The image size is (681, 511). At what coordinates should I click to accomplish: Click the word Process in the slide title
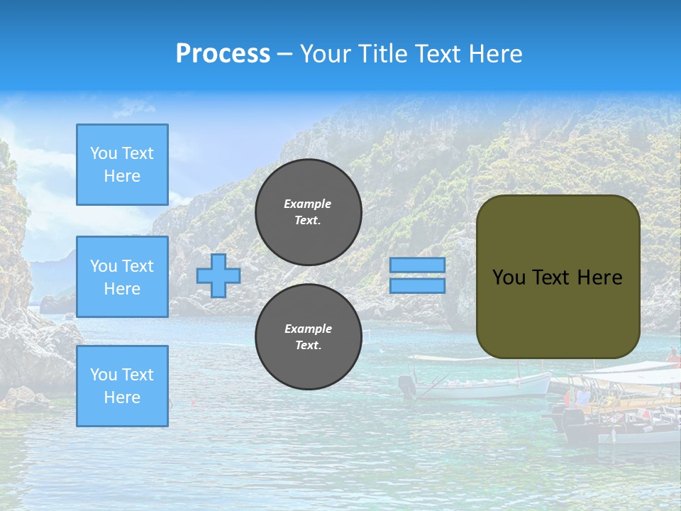pyautogui.click(x=223, y=54)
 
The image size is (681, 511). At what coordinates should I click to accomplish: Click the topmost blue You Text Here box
pyautogui.click(x=122, y=165)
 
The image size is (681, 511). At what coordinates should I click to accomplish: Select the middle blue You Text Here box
pyautogui.click(x=122, y=277)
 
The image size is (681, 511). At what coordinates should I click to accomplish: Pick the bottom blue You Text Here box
pyautogui.click(x=122, y=385)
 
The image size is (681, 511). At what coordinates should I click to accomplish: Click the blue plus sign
pyautogui.click(x=218, y=276)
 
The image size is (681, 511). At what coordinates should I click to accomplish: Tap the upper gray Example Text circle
pyautogui.click(x=309, y=212)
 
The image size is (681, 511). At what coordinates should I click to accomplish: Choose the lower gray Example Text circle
pyautogui.click(x=309, y=337)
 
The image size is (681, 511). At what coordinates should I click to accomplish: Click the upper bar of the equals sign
pyautogui.click(x=417, y=265)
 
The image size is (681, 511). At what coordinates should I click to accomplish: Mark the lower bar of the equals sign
pyautogui.click(x=417, y=286)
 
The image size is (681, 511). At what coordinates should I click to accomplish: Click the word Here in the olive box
pyautogui.click(x=599, y=278)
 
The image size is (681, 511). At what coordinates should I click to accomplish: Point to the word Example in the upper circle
pyautogui.click(x=308, y=204)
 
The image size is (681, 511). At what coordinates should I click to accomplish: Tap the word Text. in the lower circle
pyautogui.click(x=308, y=346)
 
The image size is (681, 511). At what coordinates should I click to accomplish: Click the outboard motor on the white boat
pyautogui.click(x=407, y=385)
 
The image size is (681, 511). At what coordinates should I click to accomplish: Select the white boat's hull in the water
pyautogui.click(x=489, y=388)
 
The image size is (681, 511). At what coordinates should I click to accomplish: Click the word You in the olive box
pyautogui.click(x=509, y=278)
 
